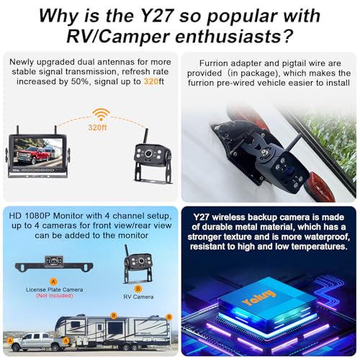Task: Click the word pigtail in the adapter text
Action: pos(287,72)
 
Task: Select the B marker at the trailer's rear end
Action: pos(168,317)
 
